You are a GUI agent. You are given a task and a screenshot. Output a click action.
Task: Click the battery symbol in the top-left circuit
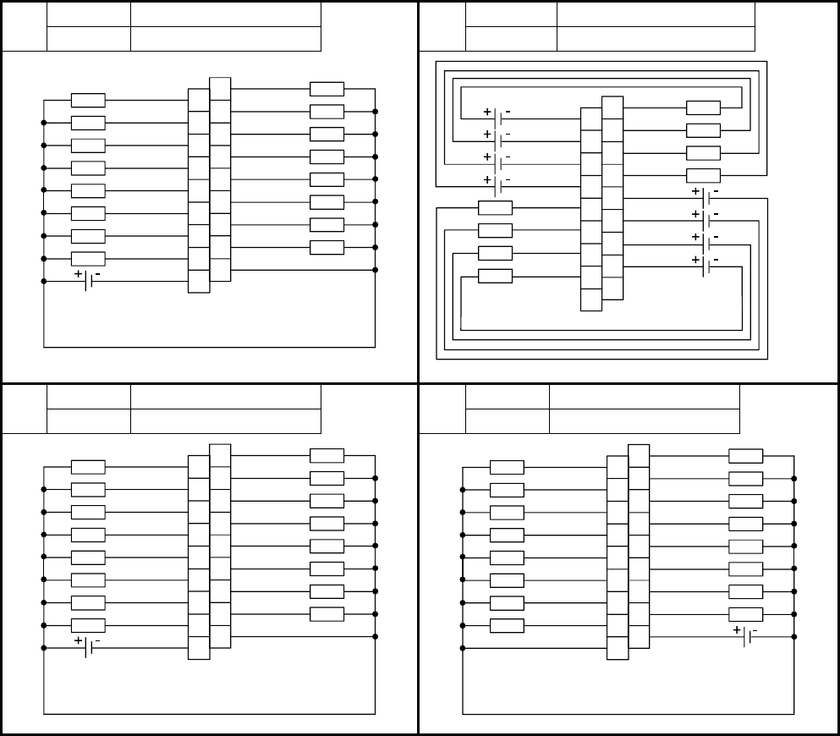tap(88, 281)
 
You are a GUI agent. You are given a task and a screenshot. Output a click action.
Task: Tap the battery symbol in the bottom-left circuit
tap(88, 647)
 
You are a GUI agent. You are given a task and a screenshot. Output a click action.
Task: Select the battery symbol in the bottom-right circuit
tap(745, 636)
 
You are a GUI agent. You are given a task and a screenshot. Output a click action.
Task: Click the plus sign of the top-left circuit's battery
tap(79, 274)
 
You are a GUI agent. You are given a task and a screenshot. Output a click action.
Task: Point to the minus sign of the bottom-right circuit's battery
tap(755, 630)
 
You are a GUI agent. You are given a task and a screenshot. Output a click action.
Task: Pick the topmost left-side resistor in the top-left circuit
tap(88, 101)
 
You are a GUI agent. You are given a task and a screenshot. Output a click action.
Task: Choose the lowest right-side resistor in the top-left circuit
tap(327, 247)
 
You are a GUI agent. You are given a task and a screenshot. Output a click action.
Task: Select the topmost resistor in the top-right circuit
tap(703, 107)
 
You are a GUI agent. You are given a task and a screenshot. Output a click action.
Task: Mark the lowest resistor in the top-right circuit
tap(495, 276)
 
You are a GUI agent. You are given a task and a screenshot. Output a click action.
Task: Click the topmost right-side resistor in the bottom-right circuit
tap(745, 456)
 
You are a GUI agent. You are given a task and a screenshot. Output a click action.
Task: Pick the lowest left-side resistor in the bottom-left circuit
tap(88, 625)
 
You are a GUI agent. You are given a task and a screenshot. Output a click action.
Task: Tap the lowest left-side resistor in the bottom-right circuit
tap(507, 625)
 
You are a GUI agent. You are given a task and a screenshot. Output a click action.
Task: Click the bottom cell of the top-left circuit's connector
tap(198, 281)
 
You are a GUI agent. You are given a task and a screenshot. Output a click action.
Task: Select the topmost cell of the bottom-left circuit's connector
tap(220, 455)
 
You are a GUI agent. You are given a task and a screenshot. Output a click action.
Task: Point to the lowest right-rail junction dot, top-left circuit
tap(375, 270)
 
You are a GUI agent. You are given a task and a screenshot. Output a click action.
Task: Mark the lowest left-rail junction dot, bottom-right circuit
tap(463, 648)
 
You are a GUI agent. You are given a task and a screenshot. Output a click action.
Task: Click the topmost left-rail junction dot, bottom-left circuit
tap(43, 489)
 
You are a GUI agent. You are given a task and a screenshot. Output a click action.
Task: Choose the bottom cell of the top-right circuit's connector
tap(591, 299)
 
